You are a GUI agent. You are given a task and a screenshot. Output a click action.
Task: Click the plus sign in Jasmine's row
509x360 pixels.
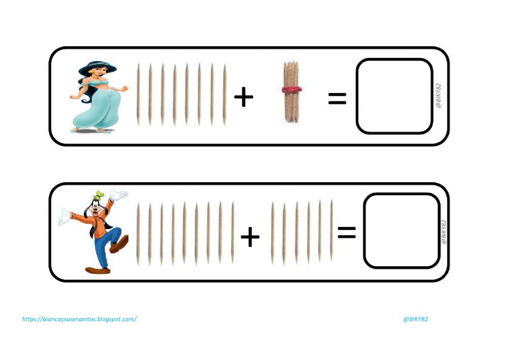[x=244, y=97]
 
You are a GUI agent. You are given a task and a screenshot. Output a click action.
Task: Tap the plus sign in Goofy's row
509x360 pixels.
[x=250, y=237]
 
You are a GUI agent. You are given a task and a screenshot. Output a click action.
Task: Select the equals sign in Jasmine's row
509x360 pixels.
[x=337, y=98]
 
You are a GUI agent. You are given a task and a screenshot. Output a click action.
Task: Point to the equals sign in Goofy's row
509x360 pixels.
[x=347, y=233]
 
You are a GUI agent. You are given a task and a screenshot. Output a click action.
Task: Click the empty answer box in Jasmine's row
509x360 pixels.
[x=394, y=96]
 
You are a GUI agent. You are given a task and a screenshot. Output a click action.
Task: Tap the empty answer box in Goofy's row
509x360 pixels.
[x=402, y=230]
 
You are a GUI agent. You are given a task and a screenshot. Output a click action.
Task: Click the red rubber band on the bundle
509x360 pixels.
[x=292, y=90]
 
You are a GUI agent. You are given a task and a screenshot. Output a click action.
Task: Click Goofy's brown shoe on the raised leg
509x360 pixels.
[x=119, y=245]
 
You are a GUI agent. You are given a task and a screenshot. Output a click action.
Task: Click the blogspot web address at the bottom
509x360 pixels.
[x=79, y=319]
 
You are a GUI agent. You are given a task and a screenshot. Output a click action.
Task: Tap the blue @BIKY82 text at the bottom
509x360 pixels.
[x=415, y=319]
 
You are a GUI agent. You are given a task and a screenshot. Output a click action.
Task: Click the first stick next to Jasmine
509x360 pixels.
[x=138, y=95]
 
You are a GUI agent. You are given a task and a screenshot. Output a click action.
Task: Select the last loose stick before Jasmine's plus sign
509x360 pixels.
[x=224, y=95]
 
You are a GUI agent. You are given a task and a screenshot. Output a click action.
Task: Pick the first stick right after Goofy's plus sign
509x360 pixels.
[x=273, y=233]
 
